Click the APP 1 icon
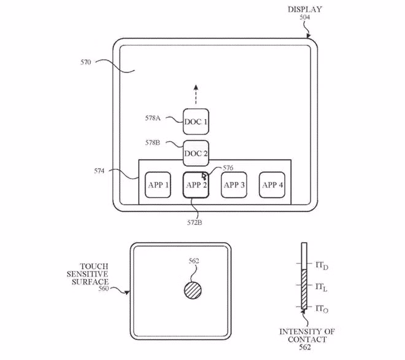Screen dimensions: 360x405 158,185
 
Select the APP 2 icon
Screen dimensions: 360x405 196,185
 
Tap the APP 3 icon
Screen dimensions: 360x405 234,185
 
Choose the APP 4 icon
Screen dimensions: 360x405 272,185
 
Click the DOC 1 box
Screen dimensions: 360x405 196,122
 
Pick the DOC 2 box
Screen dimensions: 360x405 196,153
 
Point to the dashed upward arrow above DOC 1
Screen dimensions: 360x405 196,95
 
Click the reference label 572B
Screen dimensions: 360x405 195,222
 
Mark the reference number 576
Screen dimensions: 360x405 228,167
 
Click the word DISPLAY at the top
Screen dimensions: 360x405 304,9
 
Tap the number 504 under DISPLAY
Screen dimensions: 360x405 304,18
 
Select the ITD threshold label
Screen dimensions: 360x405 322,265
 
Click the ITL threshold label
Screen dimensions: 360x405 322,286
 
